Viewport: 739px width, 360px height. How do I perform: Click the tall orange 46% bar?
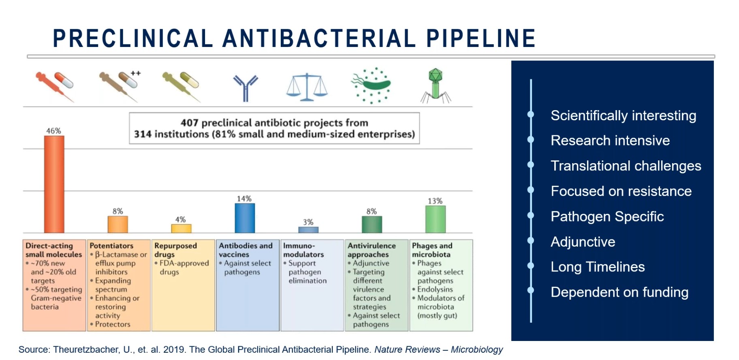(54, 184)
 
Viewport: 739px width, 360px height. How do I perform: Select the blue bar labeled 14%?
(245, 218)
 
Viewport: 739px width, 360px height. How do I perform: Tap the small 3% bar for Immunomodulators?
(308, 230)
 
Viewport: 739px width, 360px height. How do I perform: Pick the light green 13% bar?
(435, 219)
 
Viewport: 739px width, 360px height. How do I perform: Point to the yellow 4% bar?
(181, 228)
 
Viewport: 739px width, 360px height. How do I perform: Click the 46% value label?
(53, 131)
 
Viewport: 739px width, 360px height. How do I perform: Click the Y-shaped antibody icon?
(245, 87)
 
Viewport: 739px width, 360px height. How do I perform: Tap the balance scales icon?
(307, 87)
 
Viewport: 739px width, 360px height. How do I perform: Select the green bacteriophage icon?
(436, 85)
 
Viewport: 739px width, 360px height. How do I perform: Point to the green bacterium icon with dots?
(371, 85)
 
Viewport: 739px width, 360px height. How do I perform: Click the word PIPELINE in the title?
(481, 38)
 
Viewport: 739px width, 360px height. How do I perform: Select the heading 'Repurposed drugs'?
(175, 250)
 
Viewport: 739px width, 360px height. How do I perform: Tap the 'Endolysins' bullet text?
(435, 289)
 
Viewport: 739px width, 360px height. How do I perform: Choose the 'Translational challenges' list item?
(626, 166)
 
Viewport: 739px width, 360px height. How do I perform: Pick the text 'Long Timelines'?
(598, 267)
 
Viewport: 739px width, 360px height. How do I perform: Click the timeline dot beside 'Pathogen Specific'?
(531, 215)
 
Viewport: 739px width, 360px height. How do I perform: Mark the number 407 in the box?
(189, 123)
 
